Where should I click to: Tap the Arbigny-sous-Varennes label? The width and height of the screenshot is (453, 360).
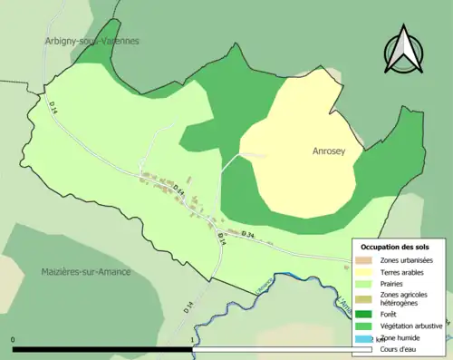[92, 42]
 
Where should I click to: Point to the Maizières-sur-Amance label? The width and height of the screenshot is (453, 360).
[86, 271]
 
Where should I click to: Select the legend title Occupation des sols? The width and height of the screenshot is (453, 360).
[396, 247]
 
